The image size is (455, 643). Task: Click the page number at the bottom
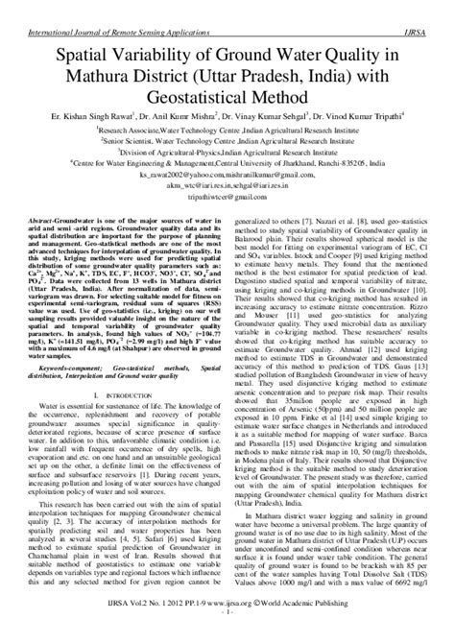click(x=227, y=636)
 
